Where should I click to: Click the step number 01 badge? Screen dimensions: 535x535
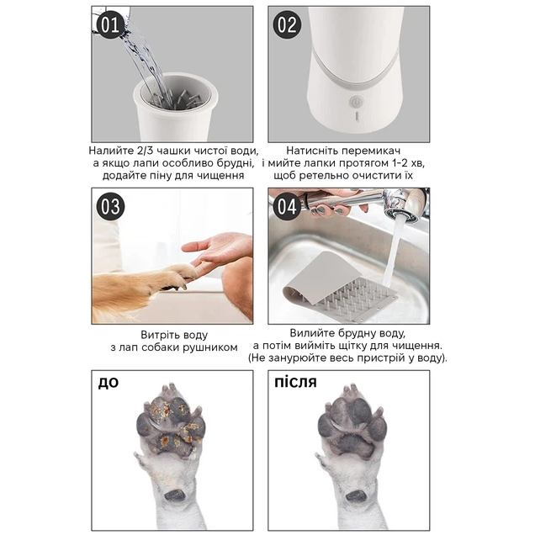(x=110, y=24)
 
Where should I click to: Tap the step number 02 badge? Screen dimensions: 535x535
(x=287, y=24)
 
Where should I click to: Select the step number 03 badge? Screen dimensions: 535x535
(x=110, y=206)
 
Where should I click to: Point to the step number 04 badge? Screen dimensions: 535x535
(x=287, y=206)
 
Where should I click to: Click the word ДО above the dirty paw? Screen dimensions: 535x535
(x=109, y=383)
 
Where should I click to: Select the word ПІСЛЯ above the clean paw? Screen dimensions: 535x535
(x=296, y=382)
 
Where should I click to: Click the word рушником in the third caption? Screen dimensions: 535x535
(x=210, y=348)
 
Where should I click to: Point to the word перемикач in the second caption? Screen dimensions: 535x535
(x=372, y=151)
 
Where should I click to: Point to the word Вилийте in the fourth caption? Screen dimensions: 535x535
(x=310, y=333)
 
